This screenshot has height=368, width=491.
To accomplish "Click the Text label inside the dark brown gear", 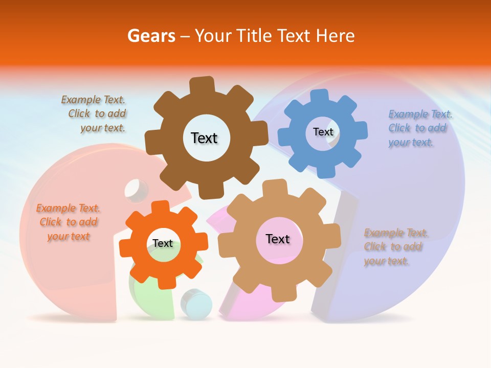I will coord(204,138).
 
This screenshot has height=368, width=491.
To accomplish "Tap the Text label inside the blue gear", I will coord(323,132).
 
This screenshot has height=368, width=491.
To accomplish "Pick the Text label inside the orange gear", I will coord(163,243).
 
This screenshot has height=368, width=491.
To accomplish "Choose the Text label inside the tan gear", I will coord(278,239).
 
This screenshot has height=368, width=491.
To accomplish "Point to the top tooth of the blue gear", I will coord(320,96).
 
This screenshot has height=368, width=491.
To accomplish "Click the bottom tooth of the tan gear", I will coord(280,294).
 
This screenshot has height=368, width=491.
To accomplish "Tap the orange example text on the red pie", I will coord(68,222).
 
